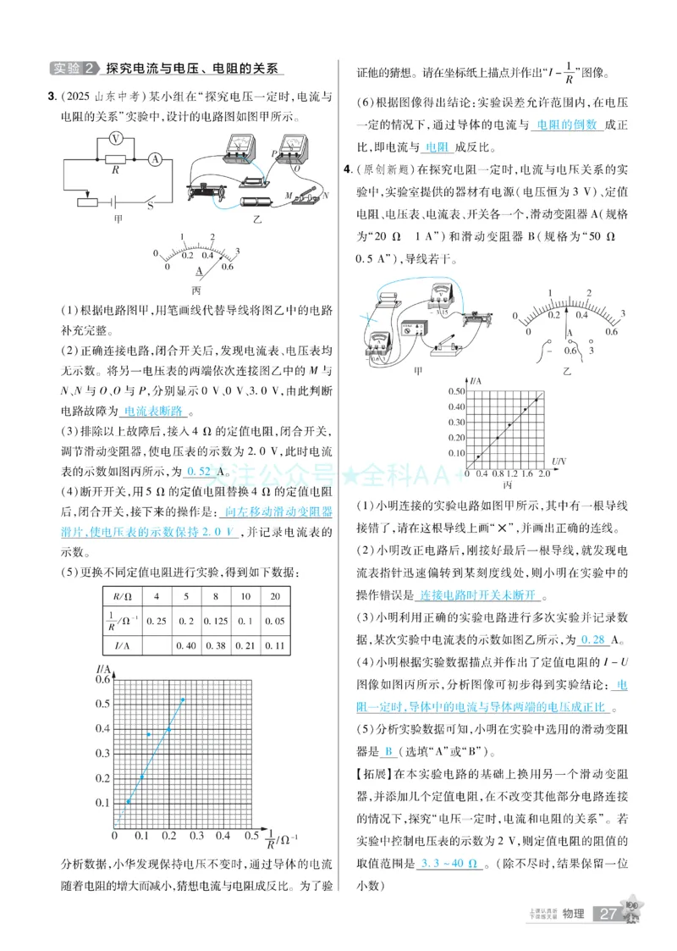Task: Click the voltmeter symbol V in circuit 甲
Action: coord(117,138)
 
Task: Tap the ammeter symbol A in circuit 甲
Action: coord(155,158)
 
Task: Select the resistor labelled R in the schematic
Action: coord(115,159)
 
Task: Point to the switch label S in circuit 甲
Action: coord(150,205)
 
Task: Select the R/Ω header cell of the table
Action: coord(121,596)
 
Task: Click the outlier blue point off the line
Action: coord(149,733)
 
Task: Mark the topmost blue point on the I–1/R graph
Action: coord(182,700)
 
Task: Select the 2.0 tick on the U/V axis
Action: coord(543,473)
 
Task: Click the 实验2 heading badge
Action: coord(74,68)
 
